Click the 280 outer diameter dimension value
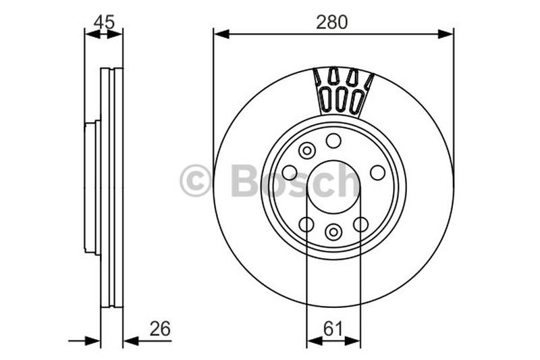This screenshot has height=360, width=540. [332, 22]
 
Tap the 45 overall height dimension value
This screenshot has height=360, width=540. [103, 22]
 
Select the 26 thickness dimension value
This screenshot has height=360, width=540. [159, 329]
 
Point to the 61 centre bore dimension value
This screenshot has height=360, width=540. [332, 329]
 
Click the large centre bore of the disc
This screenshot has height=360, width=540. [333, 187]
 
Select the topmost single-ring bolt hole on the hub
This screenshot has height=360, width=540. [333, 140]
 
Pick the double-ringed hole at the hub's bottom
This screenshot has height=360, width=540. [333, 232]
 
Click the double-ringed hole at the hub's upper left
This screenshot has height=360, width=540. [307, 151]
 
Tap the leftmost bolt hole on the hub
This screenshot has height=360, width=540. [290, 172]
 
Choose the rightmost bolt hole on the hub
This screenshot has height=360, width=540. [377, 172]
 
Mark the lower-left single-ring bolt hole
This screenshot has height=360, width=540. [306, 224]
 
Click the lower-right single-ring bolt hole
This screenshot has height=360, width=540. [361, 224]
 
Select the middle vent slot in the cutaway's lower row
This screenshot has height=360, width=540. [341, 100]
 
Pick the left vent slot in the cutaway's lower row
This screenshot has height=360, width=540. [325, 99]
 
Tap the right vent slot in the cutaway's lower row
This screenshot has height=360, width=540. [356, 101]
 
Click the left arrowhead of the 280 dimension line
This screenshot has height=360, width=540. [219, 33]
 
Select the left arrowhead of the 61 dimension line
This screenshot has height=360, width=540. [313, 341]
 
